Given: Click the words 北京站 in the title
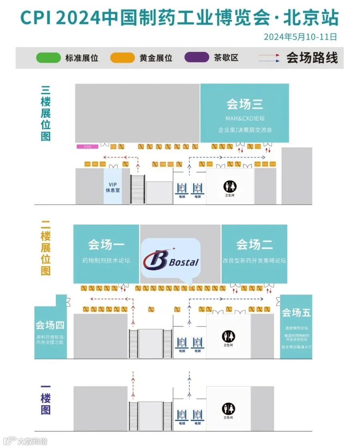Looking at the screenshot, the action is pyautogui.click(x=311, y=18).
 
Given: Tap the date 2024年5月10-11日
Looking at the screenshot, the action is pyautogui.click(x=300, y=37).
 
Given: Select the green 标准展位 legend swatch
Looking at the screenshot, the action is pyautogui.click(x=48, y=58).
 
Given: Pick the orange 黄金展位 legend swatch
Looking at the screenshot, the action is pyautogui.click(x=122, y=58).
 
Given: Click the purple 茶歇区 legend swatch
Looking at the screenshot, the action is pyautogui.click(x=196, y=58).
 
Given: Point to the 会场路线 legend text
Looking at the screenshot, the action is pyautogui.click(x=312, y=58).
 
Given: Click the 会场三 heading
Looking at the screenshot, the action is pyautogui.click(x=244, y=104).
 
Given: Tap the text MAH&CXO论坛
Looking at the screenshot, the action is pyautogui.click(x=245, y=118).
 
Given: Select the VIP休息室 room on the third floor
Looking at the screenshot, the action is pyautogui.click(x=113, y=187).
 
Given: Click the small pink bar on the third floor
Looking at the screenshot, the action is pyautogui.click(x=88, y=147).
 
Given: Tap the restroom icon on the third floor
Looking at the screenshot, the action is pyautogui.click(x=230, y=186).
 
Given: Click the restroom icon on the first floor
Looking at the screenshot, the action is pyautogui.click(x=228, y=408).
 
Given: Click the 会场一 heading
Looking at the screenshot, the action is pyautogui.click(x=106, y=244).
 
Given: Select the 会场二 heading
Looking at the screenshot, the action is pyautogui.click(x=254, y=244).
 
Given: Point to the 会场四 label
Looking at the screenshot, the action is pyautogui.click(x=50, y=324).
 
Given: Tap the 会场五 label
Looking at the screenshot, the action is pyautogui.click(x=296, y=312).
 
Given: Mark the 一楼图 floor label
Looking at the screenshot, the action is pyautogui.click(x=46, y=398).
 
